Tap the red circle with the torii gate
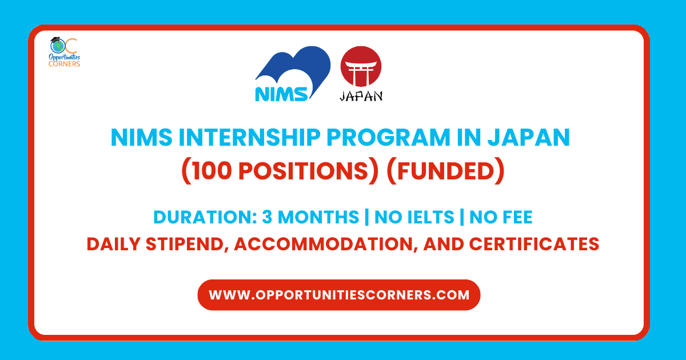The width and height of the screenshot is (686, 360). click(361, 67)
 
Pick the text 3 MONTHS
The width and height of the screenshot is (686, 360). click(309, 218)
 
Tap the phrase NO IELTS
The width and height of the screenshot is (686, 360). click(416, 218)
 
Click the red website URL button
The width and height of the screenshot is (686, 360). click(339, 295)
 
